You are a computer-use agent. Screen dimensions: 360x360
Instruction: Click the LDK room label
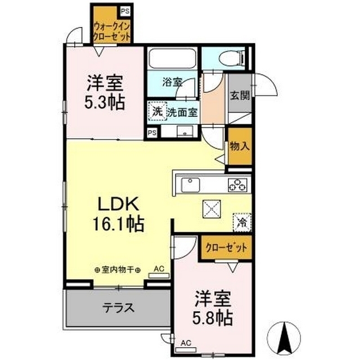click(119, 204)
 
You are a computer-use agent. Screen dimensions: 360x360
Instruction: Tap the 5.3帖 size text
click(105, 102)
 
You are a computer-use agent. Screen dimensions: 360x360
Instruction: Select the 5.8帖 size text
click(213, 318)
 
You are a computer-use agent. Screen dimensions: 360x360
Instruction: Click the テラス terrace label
click(118, 308)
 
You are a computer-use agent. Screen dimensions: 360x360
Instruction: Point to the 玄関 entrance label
click(240, 95)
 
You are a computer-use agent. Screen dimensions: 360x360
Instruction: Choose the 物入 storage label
click(240, 146)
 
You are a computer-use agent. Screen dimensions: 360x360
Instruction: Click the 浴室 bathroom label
click(172, 82)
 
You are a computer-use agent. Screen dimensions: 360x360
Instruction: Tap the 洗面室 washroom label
click(182, 112)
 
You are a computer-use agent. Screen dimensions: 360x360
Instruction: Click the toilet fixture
click(231, 57)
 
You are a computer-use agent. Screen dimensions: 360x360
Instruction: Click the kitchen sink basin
click(190, 185)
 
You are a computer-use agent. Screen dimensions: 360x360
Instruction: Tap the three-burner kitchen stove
click(237, 185)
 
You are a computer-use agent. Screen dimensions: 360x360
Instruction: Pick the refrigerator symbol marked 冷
click(242, 222)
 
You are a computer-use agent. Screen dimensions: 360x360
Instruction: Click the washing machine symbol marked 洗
click(157, 112)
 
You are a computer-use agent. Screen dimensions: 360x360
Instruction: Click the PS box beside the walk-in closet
click(125, 11)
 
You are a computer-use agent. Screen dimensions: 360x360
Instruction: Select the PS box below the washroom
click(152, 133)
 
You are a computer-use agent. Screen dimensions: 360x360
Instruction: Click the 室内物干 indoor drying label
click(118, 270)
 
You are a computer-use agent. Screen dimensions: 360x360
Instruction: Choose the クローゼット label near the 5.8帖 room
click(226, 247)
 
